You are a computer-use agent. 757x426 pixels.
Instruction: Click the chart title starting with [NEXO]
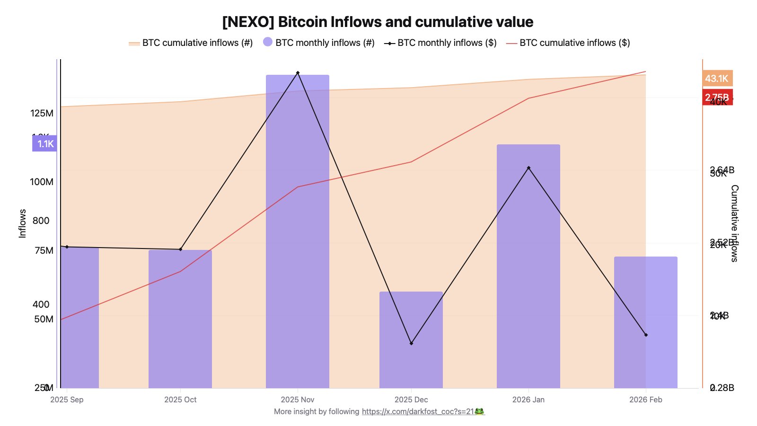click(378, 22)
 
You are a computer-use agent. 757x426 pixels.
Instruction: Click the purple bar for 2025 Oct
click(180, 322)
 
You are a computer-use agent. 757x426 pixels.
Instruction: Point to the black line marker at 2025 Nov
click(298, 72)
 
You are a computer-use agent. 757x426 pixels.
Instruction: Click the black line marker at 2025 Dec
click(411, 343)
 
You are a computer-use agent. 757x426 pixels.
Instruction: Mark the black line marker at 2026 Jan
click(528, 168)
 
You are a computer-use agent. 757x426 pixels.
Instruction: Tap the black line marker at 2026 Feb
click(646, 335)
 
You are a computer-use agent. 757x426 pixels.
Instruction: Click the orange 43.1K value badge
click(717, 78)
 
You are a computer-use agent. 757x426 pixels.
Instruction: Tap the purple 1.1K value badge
click(45, 143)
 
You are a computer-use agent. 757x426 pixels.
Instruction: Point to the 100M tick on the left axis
click(42, 182)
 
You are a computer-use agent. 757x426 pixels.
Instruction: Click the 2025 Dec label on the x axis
click(411, 399)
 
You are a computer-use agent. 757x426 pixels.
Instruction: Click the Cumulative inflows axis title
click(734, 223)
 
